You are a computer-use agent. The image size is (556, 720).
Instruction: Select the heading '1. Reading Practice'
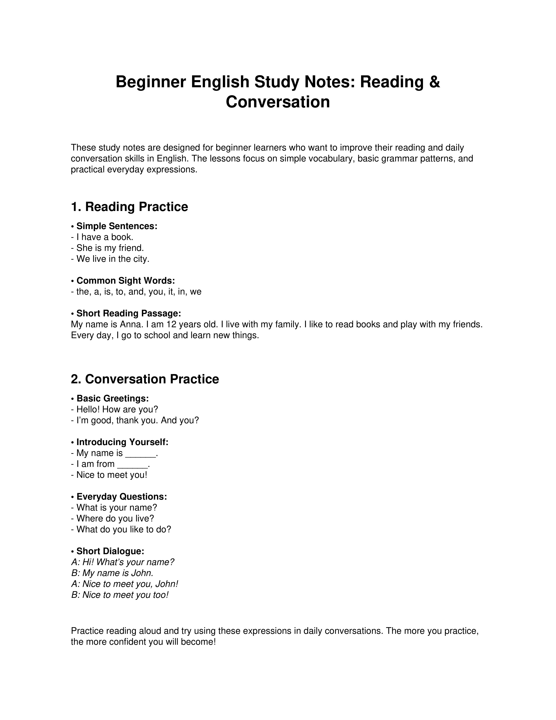[x=130, y=207]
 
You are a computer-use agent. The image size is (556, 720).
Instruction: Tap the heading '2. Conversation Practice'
[x=145, y=379]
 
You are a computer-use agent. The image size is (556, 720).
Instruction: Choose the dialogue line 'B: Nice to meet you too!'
[x=120, y=595]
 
